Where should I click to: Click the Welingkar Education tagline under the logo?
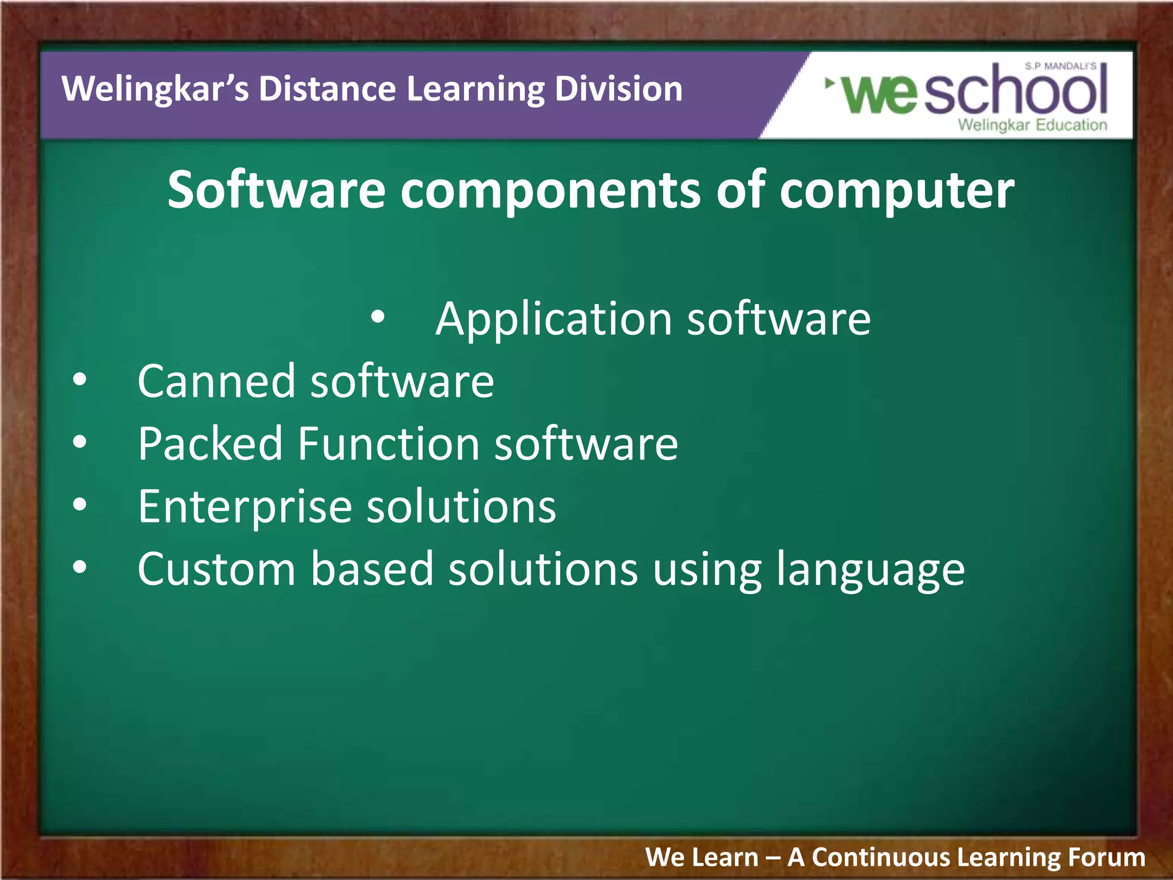point(1032,125)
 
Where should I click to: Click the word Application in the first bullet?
point(553,320)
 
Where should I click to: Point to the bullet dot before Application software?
point(377,317)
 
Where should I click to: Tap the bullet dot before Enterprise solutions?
point(80,504)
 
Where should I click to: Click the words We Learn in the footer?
point(702,858)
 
